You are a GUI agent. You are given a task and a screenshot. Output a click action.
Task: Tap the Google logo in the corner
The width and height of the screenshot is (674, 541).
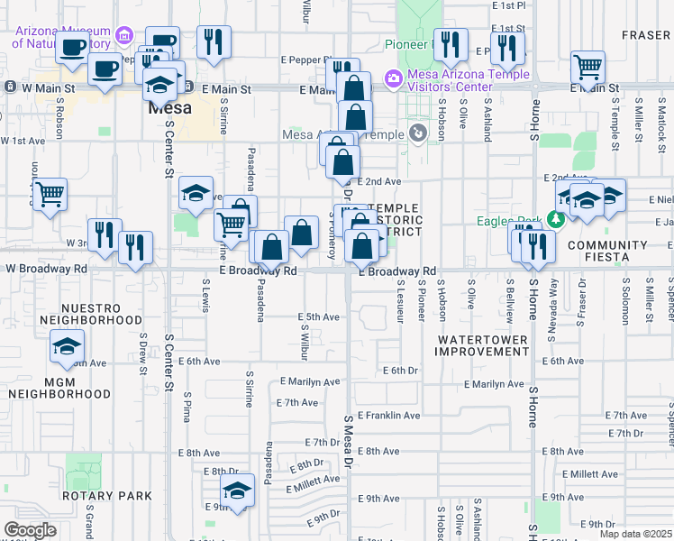pos(30,530)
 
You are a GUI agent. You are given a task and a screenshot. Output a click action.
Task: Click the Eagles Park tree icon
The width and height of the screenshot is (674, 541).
pos(557,220)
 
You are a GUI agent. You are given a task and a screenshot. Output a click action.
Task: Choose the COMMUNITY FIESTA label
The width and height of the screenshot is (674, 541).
pos(607,252)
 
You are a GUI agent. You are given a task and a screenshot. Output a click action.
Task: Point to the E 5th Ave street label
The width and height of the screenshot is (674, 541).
pos(319,316)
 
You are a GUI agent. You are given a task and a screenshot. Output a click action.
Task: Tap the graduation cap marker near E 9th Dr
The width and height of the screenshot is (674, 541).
pos(237,491)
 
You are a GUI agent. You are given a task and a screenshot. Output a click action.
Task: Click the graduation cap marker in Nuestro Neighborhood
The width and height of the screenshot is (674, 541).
pos(66,346)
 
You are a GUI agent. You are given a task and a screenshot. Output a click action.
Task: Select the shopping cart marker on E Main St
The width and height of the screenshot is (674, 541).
pos(587,65)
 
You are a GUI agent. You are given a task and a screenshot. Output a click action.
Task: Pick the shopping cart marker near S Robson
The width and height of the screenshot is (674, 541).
pos(50,193)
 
